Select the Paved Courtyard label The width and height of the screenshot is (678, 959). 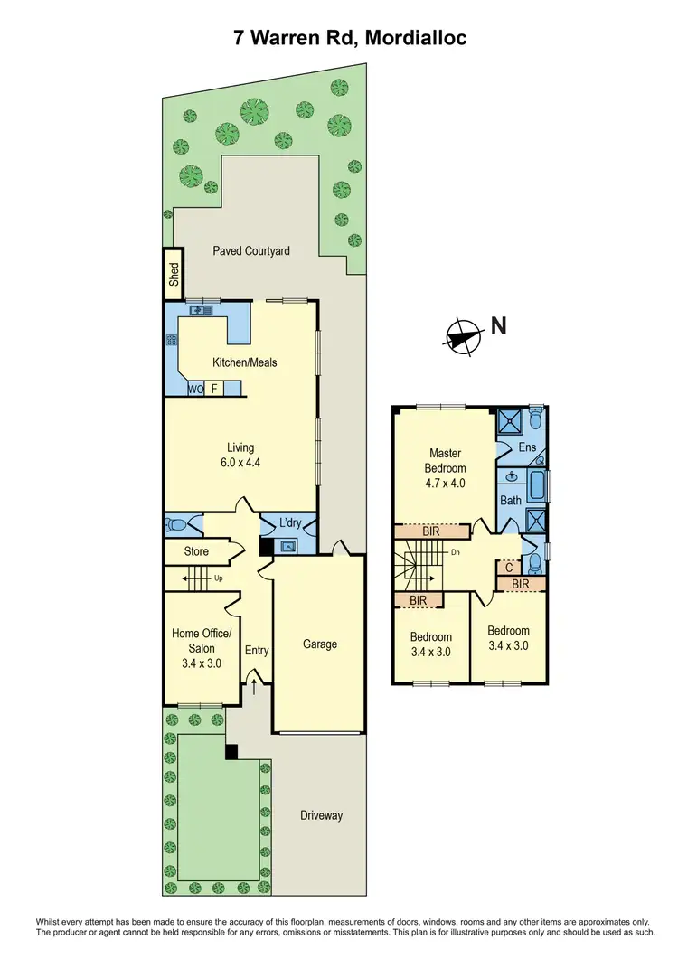(x=251, y=250)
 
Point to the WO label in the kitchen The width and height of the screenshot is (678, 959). (x=195, y=390)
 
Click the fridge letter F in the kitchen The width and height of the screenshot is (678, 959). (x=214, y=390)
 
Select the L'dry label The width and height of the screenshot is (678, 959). (x=290, y=523)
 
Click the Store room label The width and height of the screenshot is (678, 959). (x=196, y=551)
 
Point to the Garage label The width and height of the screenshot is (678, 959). (x=320, y=644)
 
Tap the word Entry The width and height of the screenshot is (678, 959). (x=257, y=650)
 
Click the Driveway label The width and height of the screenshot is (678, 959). (x=322, y=815)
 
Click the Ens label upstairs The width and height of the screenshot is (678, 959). (x=526, y=447)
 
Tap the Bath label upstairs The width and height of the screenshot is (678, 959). (x=511, y=500)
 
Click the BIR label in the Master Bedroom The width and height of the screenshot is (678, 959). (x=430, y=531)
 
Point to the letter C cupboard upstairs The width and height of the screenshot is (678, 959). (x=510, y=568)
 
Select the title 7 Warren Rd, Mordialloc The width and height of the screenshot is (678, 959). (x=339, y=38)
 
